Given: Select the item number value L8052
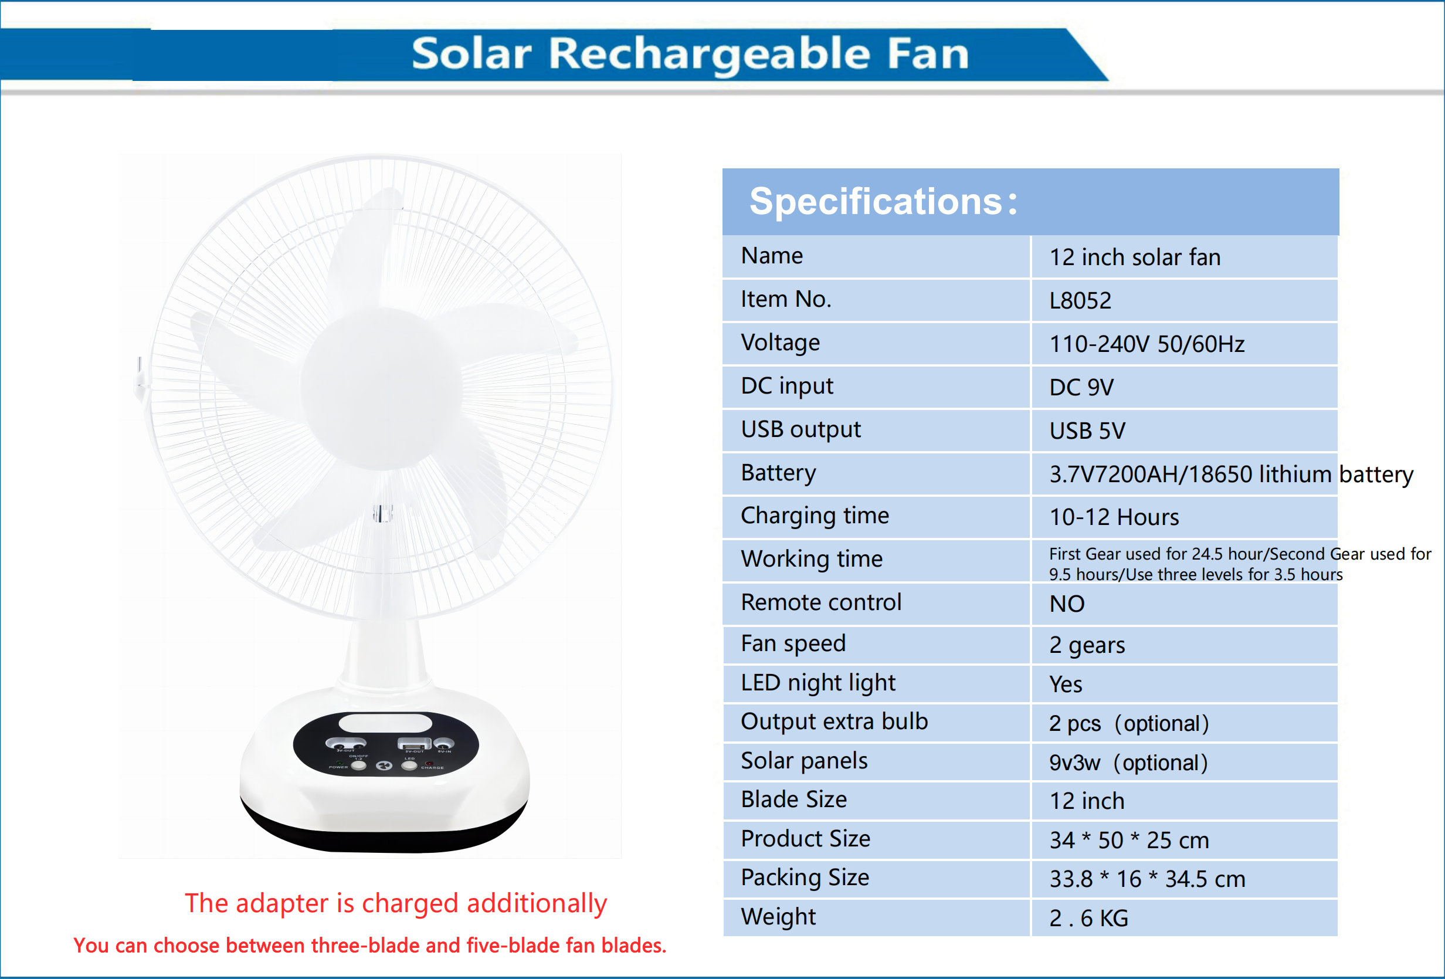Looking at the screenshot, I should (x=1080, y=301).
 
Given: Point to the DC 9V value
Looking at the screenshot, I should (x=1081, y=388).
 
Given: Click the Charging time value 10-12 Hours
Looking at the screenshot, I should (x=1114, y=517).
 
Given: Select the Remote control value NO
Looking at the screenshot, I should (x=1067, y=604).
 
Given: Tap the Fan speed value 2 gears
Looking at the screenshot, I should (x=1087, y=646).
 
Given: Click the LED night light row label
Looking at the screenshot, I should (x=818, y=683).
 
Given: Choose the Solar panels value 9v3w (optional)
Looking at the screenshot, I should (x=1128, y=763).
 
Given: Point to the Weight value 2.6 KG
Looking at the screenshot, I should (x=1088, y=919).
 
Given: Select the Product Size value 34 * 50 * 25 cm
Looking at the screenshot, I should (x=1129, y=841).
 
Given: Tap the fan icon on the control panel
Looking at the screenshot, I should (x=384, y=765).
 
